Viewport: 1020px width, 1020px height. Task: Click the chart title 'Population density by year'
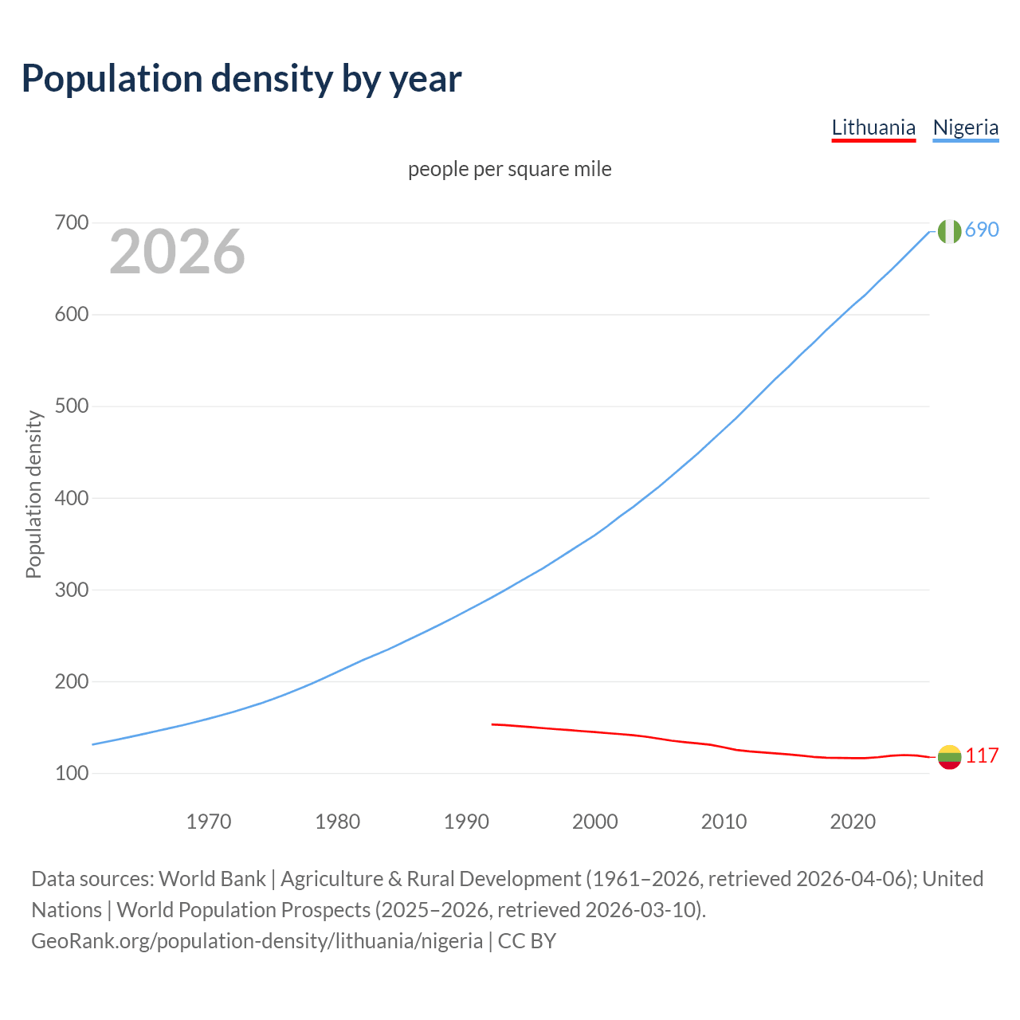point(241,78)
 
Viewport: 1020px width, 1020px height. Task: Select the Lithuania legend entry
point(873,127)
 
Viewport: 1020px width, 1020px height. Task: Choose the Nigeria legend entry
point(965,127)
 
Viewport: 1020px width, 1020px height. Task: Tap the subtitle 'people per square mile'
point(510,169)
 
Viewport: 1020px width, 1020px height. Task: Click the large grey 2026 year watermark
point(177,252)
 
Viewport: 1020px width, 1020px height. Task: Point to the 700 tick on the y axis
point(71,223)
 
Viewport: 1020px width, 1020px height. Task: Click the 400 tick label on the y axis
point(71,498)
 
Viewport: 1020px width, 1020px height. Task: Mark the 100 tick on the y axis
point(71,773)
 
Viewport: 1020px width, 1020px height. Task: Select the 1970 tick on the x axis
point(209,821)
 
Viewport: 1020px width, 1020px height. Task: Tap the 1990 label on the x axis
point(466,821)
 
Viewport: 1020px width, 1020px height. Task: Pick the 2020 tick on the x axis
point(853,821)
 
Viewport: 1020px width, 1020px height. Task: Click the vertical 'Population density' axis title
point(33,494)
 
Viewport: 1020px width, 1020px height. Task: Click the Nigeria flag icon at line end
point(949,231)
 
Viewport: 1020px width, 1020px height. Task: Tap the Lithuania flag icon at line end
point(949,757)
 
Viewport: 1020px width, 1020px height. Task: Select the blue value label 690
point(982,229)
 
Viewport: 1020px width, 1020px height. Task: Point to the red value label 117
point(982,755)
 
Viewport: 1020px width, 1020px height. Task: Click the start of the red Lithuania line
point(493,724)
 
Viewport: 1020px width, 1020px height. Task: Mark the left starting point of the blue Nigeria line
point(93,744)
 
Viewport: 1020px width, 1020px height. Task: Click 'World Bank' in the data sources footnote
point(212,879)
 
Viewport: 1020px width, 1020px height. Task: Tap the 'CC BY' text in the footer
point(527,941)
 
